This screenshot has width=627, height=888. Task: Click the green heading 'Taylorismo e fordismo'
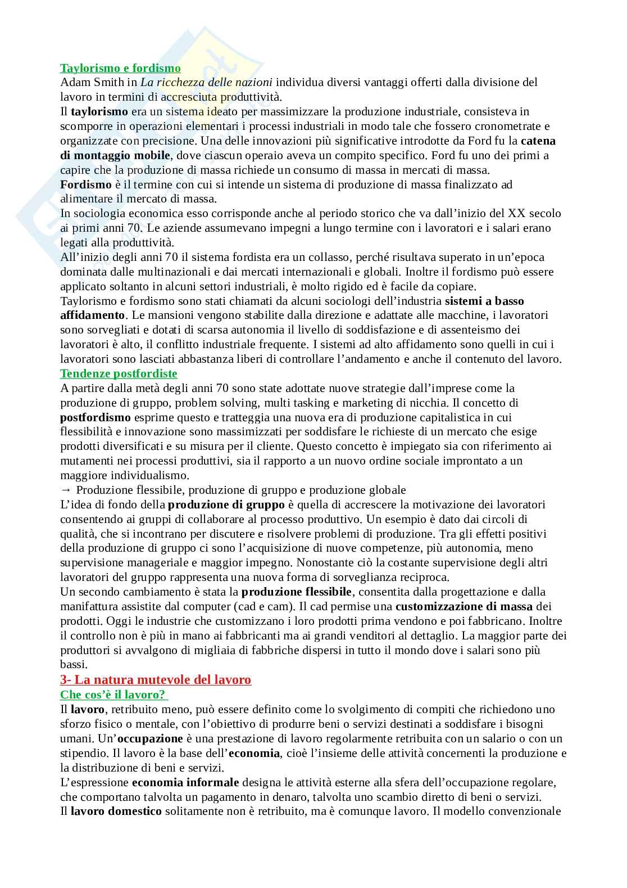pyautogui.click(x=120, y=68)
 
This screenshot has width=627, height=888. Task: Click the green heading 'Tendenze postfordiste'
pyautogui.click(x=119, y=373)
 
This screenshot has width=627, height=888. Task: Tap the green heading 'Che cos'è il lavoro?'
pyautogui.click(x=114, y=695)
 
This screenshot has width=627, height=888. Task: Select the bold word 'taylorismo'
pyautogui.click(x=99, y=111)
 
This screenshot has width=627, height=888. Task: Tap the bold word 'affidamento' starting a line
pyautogui.click(x=91, y=315)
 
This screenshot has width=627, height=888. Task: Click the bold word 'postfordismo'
pyautogui.click(x=96, y=417)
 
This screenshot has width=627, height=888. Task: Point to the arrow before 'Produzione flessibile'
pyautogui.click(x=65, y=490)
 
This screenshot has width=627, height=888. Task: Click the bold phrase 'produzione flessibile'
pyautogui.click(x=296, y=592)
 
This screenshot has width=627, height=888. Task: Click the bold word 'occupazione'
pyautogui.click(x=149, y=738)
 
